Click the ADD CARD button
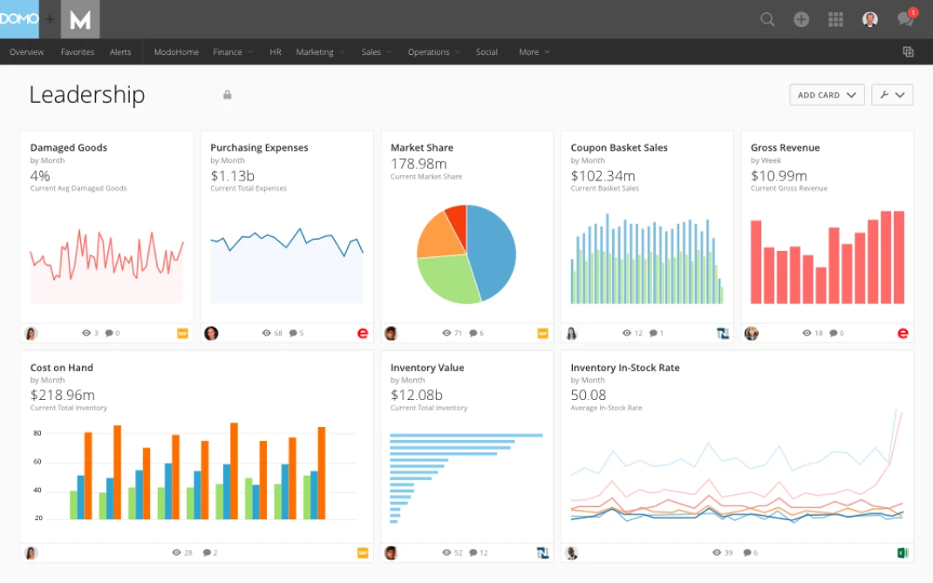[826, 95]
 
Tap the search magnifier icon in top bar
[767, 19]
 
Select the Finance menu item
[228, 52]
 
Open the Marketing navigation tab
[315, 52]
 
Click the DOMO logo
[19, 19]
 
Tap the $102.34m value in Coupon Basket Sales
[603, 176]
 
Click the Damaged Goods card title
[69, 147]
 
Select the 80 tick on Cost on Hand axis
[37, 433]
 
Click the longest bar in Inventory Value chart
[466, 435]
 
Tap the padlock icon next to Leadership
[228, 95]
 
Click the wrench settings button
[891, 95]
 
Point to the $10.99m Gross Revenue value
[779, 176]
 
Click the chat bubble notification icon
[905, 19]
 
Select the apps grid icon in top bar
[835, 19]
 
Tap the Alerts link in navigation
[120, 52]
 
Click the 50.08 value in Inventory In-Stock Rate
[589, 396]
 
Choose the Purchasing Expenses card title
[259, 147]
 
